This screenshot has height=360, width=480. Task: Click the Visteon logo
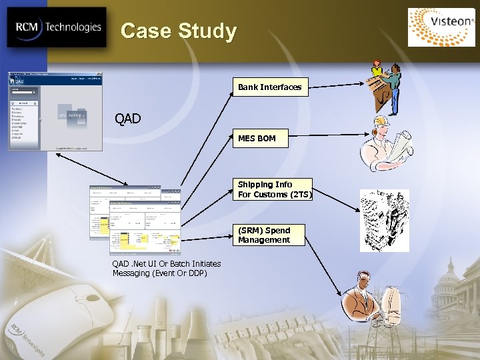442,27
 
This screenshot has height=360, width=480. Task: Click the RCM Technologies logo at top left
57,27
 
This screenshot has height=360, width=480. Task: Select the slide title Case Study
179,31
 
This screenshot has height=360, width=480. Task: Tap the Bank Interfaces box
270,87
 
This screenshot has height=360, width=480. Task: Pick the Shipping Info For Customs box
274,189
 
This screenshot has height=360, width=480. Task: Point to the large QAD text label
127,119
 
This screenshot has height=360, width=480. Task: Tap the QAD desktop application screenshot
55,111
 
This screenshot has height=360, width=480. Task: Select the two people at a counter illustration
385,87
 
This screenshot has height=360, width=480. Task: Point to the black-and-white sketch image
385,220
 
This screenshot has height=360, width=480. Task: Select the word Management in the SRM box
264,240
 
